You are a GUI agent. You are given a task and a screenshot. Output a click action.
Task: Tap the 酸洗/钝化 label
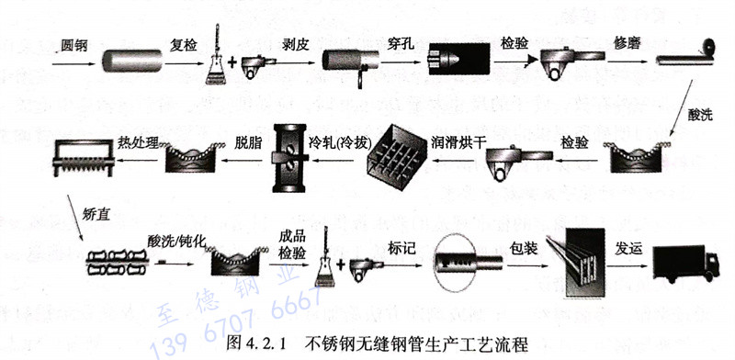pyautogui.click(x=174, y=241)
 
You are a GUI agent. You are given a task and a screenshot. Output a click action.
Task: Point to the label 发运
pyautogui.click(x=629, y=247)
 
